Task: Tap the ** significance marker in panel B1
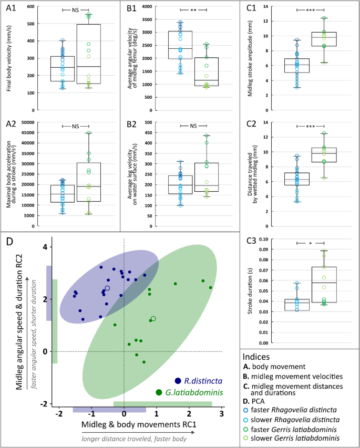pyautogui.click(x=193, y=9)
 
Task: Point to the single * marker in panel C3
pyautogui.click(x=311, y=243)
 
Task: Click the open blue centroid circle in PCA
pyautogui.click(x=107, y=288)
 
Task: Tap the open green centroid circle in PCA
pyautogui.click(x=153, y=318)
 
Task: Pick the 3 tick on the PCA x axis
pyautogui.click(x=222, y=414)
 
